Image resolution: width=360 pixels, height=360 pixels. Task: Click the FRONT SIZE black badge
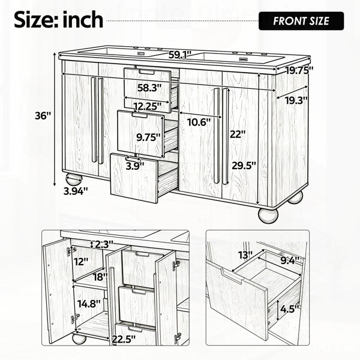301,21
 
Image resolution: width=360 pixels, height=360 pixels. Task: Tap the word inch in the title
83,20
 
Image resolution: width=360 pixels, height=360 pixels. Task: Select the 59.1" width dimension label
180,55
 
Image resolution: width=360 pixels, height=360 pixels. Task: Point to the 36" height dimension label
43,116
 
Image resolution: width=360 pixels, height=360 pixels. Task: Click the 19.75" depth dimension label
299,70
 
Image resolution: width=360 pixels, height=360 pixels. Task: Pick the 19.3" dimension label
296,100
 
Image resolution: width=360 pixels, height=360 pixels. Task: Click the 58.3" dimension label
149,88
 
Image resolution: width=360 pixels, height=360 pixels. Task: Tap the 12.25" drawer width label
148,106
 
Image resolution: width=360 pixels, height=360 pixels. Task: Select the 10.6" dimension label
199,122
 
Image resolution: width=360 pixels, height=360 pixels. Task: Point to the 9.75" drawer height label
148,137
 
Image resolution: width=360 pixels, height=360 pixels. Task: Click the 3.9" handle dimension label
135,166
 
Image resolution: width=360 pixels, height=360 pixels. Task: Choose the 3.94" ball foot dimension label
76,191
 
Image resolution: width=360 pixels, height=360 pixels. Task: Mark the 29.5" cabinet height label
244,166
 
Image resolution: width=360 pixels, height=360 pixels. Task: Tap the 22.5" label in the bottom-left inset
124,338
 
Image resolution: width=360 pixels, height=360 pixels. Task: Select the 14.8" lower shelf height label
89,304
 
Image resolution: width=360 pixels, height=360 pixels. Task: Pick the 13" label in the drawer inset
245,255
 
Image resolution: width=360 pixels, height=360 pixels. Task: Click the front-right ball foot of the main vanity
268,215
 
